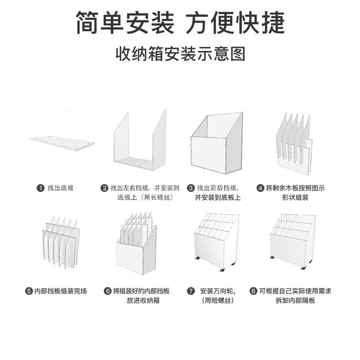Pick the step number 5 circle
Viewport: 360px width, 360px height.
[x=29, y=291]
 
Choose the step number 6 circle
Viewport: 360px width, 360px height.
[x=108, y=291]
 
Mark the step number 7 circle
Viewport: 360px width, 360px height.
[x=191, y=291]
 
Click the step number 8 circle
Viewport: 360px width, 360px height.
[x=253, y=291]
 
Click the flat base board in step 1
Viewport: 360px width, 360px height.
[x=62, y=143]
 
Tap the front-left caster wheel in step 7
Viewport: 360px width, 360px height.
[x=197, y=259]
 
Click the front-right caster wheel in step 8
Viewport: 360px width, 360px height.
[x=302, y=268]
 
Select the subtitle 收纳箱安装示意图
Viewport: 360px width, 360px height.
[x=180, y=54]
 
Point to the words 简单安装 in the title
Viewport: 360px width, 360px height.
[x=125, y=21]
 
